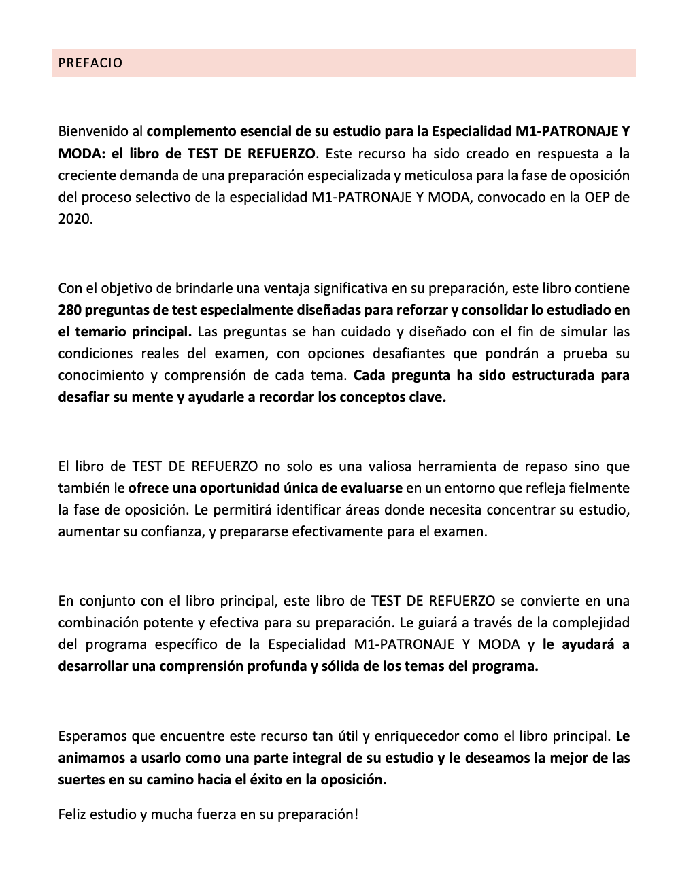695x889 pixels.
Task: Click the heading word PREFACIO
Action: coord(90,63)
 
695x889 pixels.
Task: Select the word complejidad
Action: coord(590,623)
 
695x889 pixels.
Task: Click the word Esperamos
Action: coord(91,736)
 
